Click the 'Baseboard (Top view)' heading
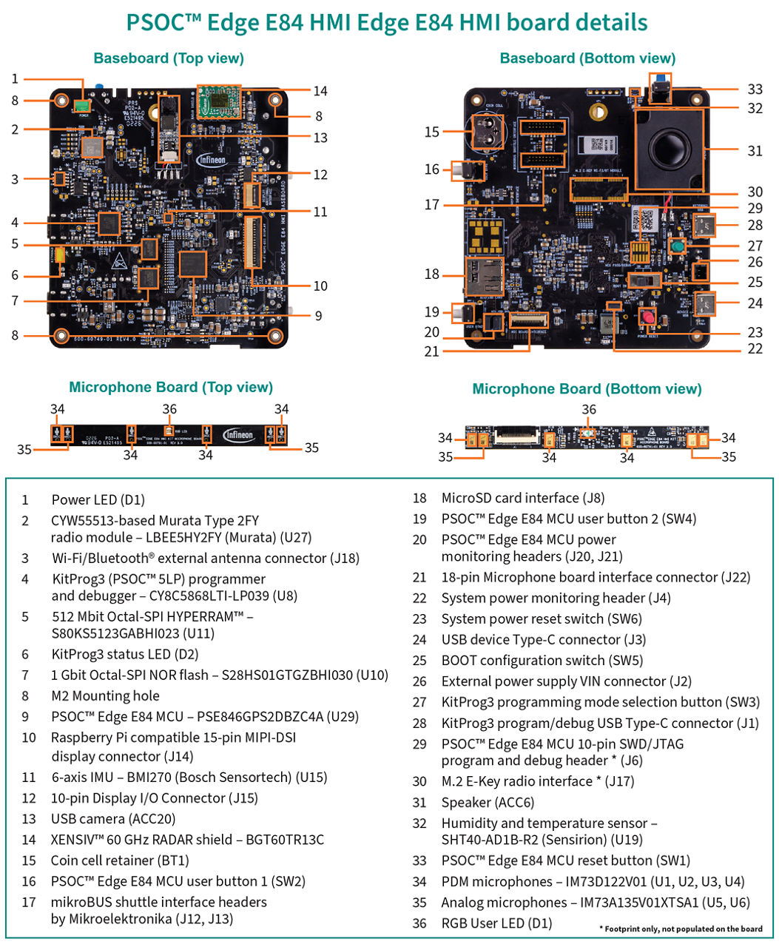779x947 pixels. pyautogui.click(x=169, y=58)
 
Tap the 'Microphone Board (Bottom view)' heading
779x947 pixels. pyautogui.click(x=587, y=389)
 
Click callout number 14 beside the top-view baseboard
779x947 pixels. pyautogui.click(x=320, y=91)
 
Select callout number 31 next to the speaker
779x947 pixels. pyautogui.click(x=754, y=151)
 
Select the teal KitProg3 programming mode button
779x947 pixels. pyautogui.click(x=676, y=246)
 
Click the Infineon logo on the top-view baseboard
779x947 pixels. pyautogui.click(x=212, y=159)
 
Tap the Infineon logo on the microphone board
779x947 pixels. pyautogui.click(x=239, y=435)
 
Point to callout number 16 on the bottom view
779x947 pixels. pyautogui.click(x=432, y=169)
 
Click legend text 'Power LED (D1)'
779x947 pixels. pyautogui.click(x=98, y=500)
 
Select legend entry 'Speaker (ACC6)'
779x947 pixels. pyautogui.click(x=486, y=803)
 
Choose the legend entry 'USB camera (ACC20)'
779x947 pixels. pyautogui.click(x=112, y=819)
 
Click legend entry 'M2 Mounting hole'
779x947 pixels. pyautogui.click(x=105, y=696)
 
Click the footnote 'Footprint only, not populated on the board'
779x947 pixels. pyautogui.click(x=681, y=929)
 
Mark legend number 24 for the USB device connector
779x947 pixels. pyautogui.click(x=419, y=640)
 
